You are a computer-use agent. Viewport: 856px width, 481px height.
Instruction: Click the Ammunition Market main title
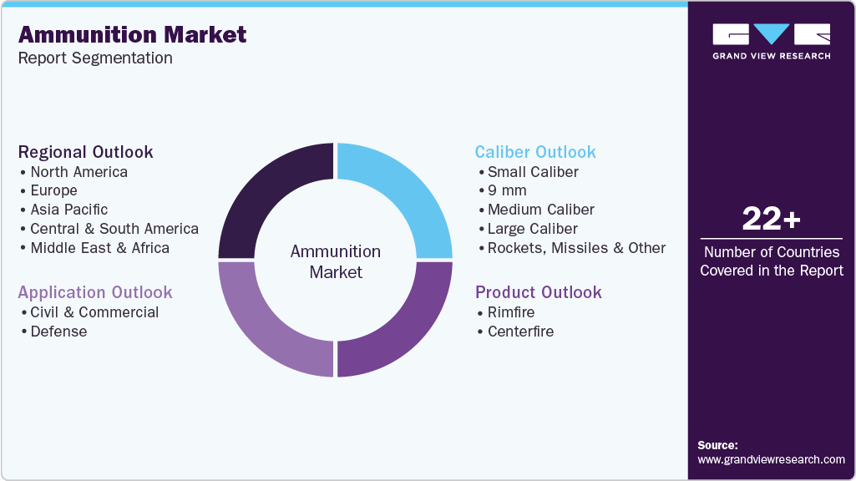tap(132, 34)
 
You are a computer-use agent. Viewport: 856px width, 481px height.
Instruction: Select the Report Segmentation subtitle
tap(95, 58)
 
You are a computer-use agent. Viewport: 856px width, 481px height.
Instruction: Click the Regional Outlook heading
tap(86, 152)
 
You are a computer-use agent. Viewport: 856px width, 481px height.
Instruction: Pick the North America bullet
tap(79, 172)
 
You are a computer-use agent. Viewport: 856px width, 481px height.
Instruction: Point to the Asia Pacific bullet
tap(68, 210)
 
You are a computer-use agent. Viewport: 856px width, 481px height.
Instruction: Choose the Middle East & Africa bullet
tap(99, 248)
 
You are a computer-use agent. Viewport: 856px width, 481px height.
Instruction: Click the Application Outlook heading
tap(95, 292)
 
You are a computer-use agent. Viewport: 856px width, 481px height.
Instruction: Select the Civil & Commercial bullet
tap(94, 312)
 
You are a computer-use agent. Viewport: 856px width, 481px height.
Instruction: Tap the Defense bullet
tap(58, 332)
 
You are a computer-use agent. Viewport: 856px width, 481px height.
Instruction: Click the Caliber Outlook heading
tap(535, 152)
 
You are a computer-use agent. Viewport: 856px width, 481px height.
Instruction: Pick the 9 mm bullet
tap(507, 190)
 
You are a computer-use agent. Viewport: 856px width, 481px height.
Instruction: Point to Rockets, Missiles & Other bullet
tap(576, 248)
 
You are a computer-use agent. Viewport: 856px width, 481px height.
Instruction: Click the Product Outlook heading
tap(539, 292)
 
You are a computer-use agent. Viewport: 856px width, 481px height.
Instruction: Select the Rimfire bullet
tap(511, 312)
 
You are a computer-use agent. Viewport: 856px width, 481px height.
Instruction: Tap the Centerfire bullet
tap(520, 332)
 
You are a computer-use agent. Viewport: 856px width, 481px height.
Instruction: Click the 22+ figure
tap(771, 219)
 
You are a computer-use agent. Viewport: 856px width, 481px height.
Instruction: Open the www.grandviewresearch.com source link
tap(771, 459)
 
